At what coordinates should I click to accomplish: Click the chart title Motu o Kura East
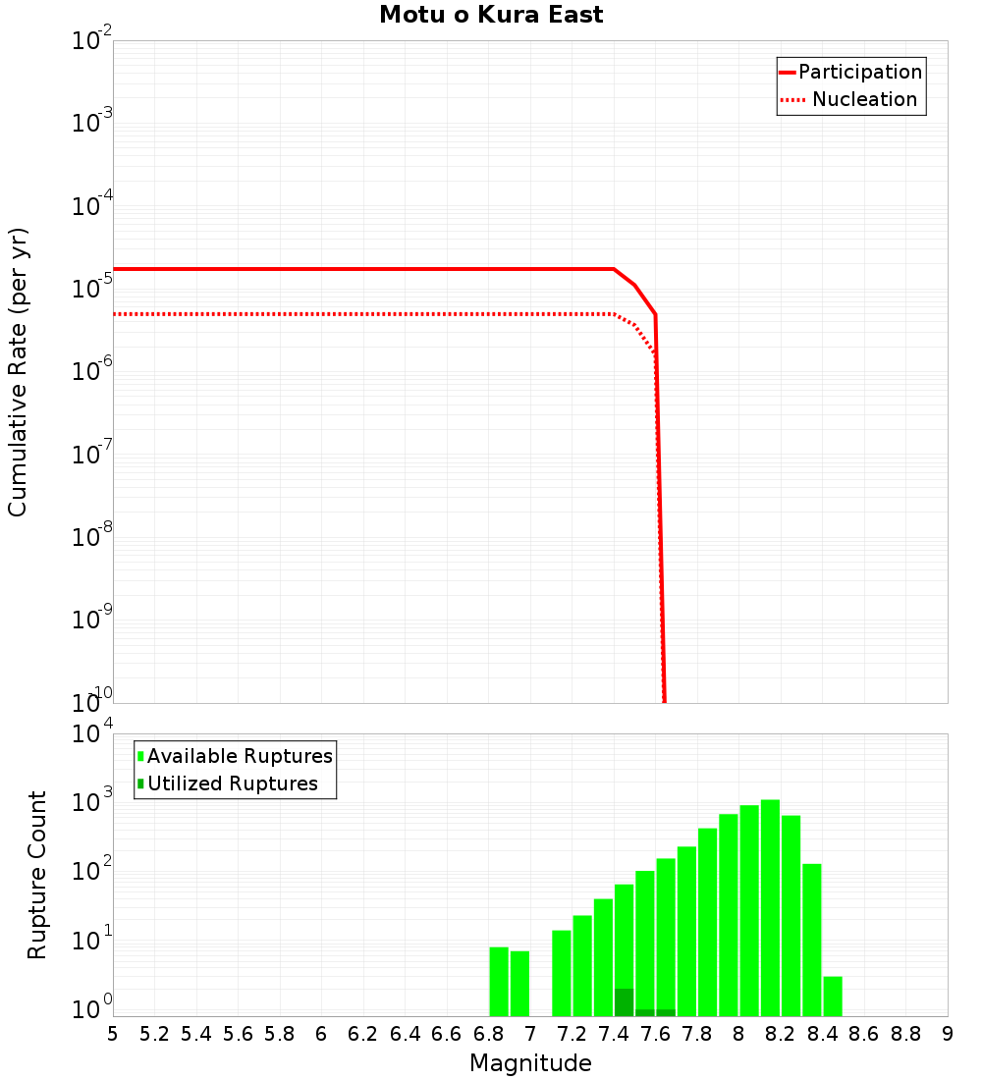[x=491, y=16]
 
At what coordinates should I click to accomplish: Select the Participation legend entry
[x=850, y=72]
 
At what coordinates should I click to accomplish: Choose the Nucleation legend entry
[x=850, y=100]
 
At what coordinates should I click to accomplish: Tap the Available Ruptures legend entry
[x=236, y=756]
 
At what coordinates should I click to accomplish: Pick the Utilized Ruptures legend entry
[x=228, y=783]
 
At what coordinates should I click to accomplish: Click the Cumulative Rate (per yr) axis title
[x=19, y=372]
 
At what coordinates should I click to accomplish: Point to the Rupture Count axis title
[x=37, y=875]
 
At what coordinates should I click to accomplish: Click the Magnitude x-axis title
[x=530, y=1063]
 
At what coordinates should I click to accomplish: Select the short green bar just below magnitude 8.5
[x=833, y=997]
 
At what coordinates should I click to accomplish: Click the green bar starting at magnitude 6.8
[x=499, y=982]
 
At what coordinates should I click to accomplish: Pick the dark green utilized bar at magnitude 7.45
[x=625, y=1002]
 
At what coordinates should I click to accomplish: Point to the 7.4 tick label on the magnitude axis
[x=614, y=1034]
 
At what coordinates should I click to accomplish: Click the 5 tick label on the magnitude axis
[x=113, y=1034]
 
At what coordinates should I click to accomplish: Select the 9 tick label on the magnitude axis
[x=948, y=1034]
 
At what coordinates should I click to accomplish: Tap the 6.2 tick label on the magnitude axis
[x=363, y=1034]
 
